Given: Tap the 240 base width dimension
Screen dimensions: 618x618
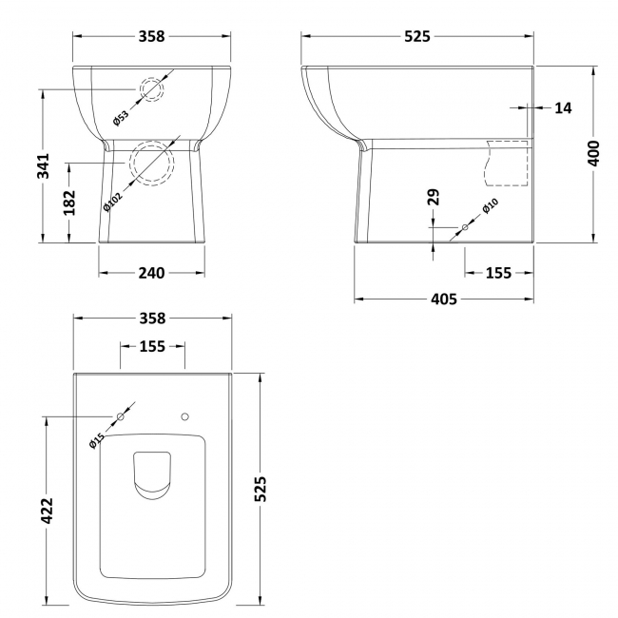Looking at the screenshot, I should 151,274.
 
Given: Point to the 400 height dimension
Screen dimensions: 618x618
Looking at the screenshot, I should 594,154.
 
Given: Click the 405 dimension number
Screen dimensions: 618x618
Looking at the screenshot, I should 444,299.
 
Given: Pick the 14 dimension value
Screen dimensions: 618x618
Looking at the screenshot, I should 563,108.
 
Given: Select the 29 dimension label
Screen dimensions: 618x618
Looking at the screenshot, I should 434,198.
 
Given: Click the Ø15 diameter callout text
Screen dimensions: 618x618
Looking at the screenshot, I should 96,439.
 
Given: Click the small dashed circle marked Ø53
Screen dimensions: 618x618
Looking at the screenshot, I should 152,89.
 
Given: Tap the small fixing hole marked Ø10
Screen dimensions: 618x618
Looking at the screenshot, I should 465,226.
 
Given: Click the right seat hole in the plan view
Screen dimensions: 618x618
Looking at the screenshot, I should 185,416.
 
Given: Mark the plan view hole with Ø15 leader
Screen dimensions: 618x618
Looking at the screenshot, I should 121,416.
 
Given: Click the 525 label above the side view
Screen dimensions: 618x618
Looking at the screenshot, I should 417,36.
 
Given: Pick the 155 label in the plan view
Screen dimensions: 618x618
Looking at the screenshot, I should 152,347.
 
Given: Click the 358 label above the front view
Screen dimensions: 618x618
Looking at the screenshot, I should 151,36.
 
